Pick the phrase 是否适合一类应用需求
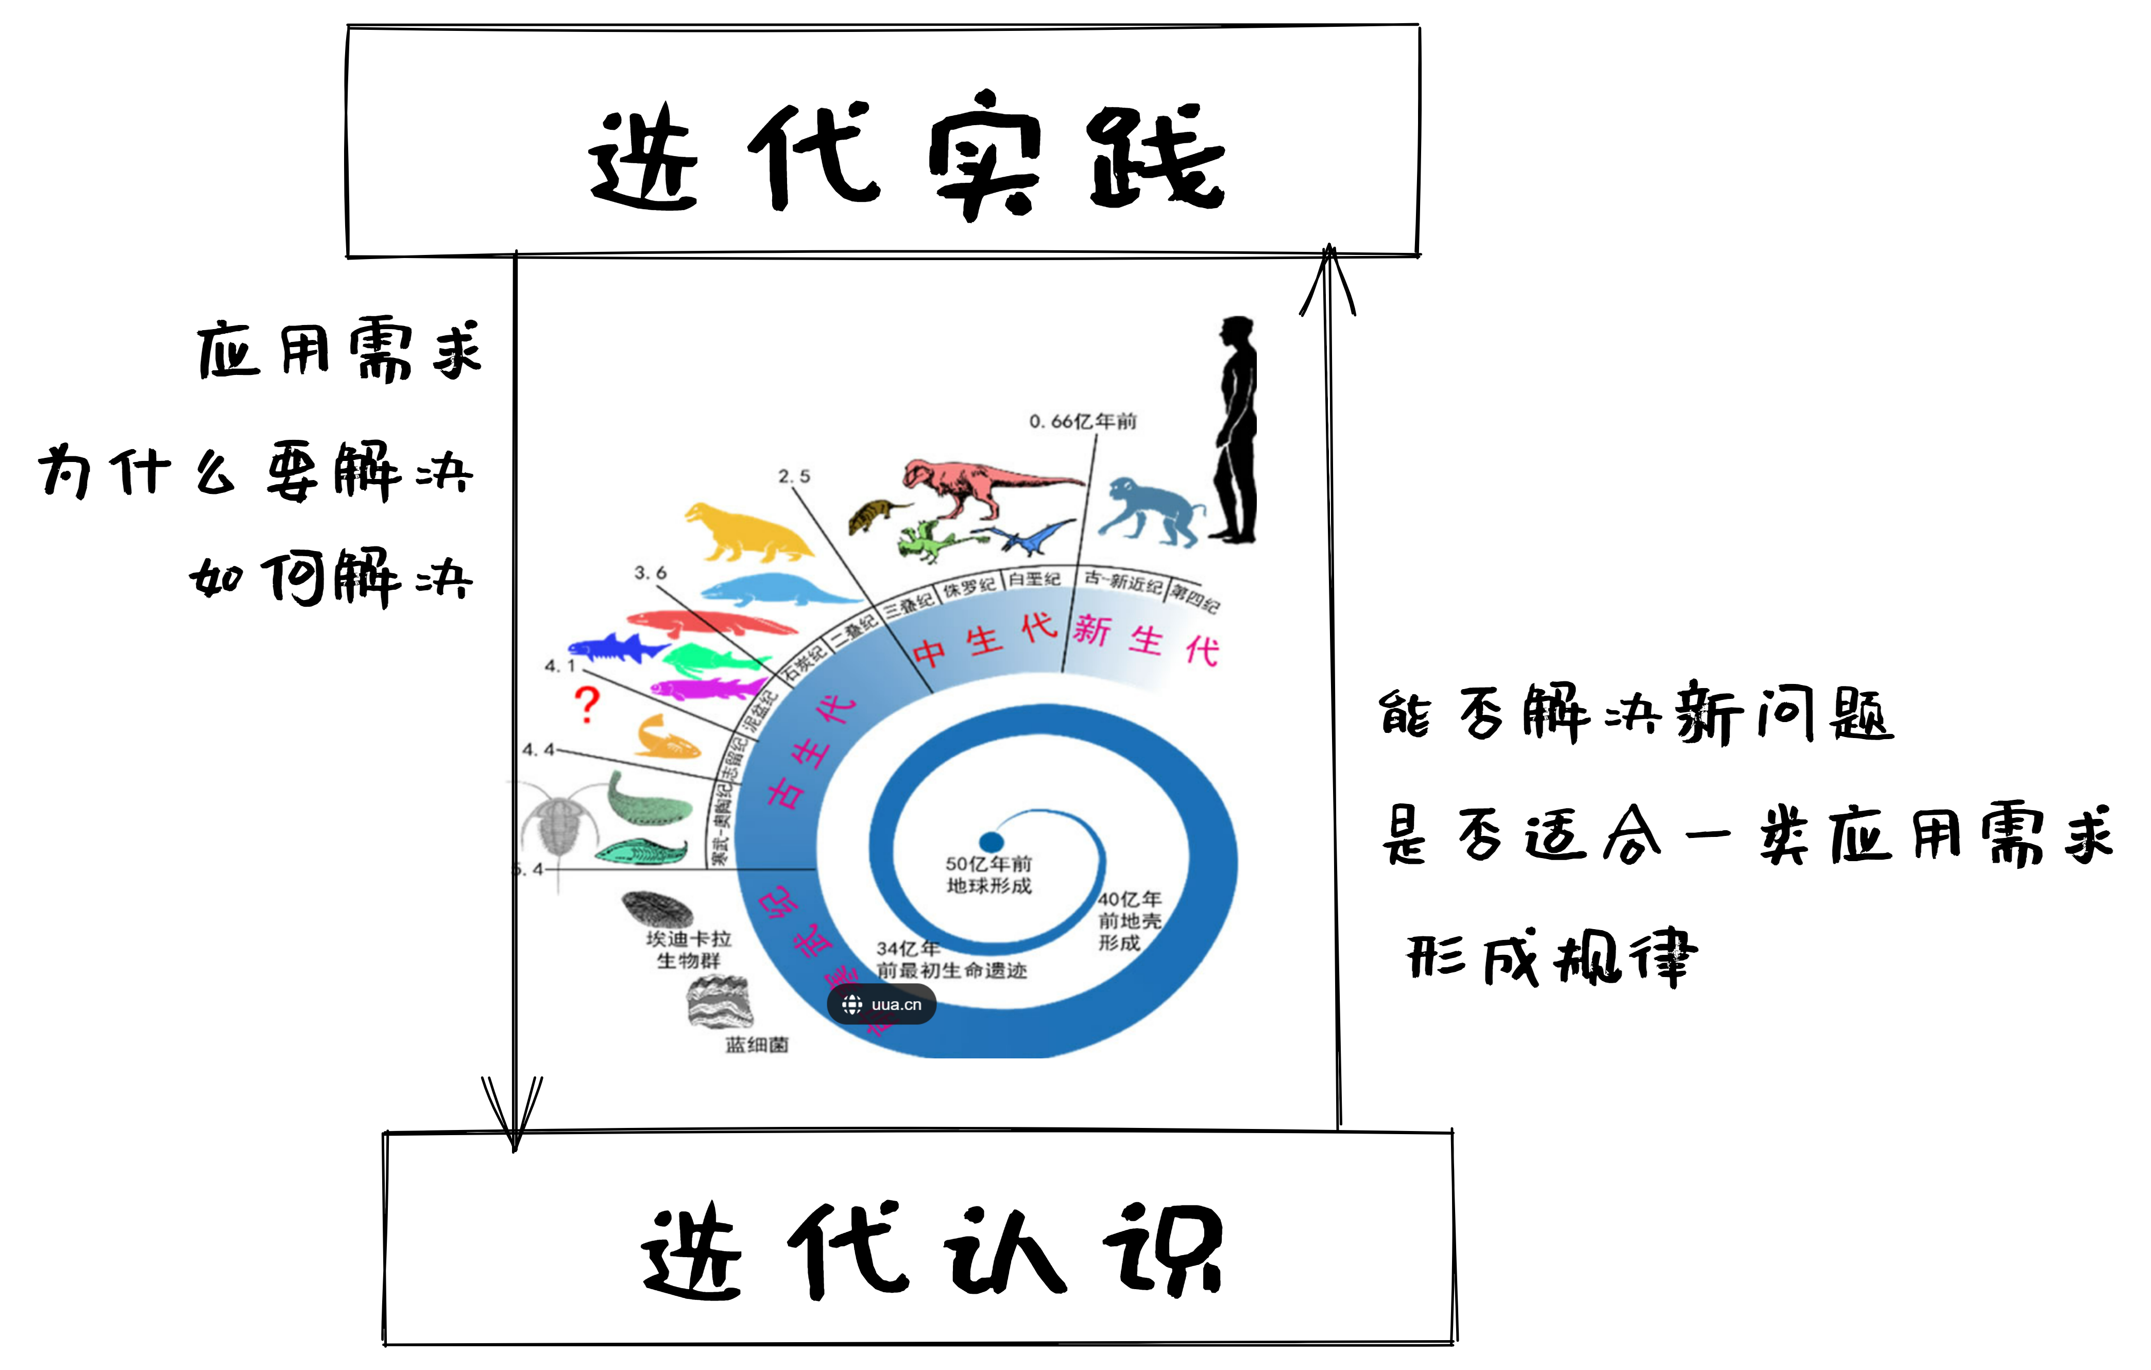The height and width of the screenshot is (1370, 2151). click(1746, 835)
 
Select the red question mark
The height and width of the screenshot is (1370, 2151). click(587, 704)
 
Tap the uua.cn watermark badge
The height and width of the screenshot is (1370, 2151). click(882, 1005)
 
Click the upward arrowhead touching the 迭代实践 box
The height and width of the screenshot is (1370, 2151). click(1328, 277)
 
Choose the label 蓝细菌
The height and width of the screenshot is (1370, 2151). click(757, 1044)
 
